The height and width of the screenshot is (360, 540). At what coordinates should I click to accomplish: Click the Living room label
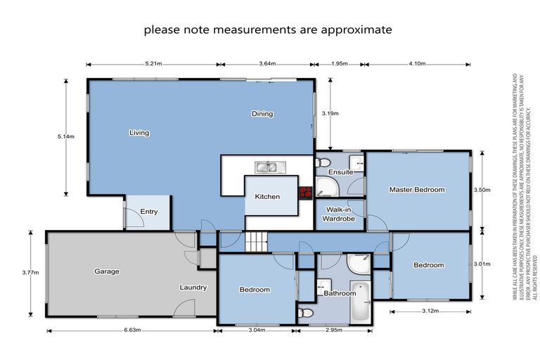(x=139, y=132)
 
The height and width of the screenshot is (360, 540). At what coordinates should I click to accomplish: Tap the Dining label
(x=262, y=114)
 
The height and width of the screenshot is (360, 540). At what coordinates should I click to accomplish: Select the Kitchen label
(x=267, y=197)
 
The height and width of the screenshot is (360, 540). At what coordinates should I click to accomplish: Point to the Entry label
(x=149, y=212)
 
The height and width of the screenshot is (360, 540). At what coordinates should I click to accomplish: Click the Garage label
(x=107, y=271)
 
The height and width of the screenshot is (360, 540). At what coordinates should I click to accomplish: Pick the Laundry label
(x=192, y=287)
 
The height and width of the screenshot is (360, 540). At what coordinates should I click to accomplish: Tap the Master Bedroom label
(x=417, y=190)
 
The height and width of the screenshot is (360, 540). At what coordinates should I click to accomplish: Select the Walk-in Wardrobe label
(x=340, y=214)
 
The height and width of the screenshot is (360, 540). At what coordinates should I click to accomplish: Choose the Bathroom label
(x=340, y=293)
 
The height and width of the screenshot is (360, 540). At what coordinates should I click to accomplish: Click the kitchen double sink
(x=267, y=167)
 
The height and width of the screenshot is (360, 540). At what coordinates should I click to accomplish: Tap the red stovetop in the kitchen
(x=306, y=193)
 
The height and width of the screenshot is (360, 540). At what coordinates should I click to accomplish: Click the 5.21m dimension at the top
(x=153, y=64)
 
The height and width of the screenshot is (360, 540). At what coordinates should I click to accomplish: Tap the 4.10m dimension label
(x=416, y=64)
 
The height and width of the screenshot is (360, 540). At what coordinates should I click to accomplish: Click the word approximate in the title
(x=357, y=30)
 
